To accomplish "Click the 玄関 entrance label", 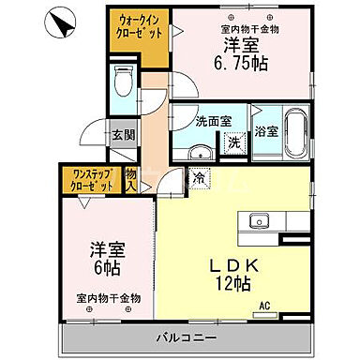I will pyautogui.click(x=123, y=135).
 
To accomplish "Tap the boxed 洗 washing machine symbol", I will pyautogui.click(x=233, y=142).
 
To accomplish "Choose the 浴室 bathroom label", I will pyautogui.click(x=266, y=131).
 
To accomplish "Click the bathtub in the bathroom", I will pyautogui.click(x=295, y=135).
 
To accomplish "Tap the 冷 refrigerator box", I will pyautogui.click(x=200, y=175).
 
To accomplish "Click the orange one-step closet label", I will pyautogui.click(x=91, y=180).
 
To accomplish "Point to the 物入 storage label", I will pyautogui.click(x=131, y=179).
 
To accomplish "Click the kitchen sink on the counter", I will pyautogui.click(x=260, y=222).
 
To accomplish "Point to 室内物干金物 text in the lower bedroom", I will pyautogui.click(x=108, y=298).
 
